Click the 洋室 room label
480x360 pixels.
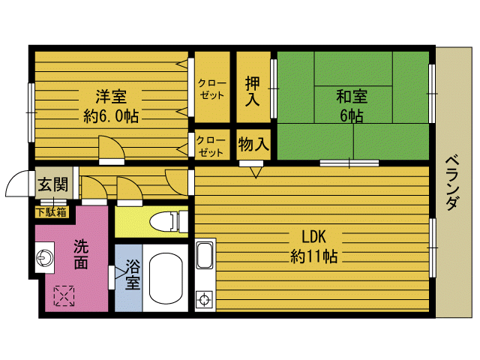110,97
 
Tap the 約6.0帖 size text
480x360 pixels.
110,116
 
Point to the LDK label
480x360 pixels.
313,235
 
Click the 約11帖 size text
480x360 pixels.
313,256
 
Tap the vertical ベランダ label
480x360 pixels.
451,183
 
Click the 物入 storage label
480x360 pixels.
253,142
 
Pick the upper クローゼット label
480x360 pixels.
211,88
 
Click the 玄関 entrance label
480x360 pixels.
52,184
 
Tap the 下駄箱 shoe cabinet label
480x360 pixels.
52,211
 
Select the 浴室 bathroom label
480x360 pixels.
132,274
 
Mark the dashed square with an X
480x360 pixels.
63,296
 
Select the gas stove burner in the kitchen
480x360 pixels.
203,301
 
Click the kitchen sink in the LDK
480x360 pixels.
205,256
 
